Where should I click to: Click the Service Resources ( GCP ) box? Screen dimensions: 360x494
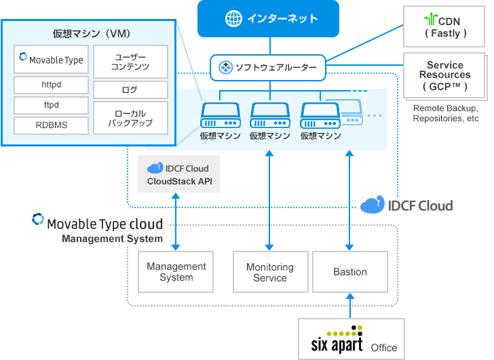[444, 75]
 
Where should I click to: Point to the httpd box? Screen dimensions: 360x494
[52, 85]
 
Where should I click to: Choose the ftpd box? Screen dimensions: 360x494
[52, 105]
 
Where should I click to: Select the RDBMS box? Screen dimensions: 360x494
[52, 125]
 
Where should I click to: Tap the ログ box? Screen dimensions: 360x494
[131, 89]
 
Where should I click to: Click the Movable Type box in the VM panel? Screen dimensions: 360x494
[52, 60]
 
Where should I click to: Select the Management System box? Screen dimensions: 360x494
[176, 272]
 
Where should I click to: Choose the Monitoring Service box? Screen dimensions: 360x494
[270, 272]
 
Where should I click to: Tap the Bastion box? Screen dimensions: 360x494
[350, 272]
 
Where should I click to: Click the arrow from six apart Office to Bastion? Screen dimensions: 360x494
[350, 306]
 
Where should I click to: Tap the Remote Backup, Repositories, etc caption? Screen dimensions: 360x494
[446, 113]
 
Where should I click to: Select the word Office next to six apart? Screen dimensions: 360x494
[384, 348]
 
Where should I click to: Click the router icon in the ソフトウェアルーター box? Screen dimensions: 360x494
[225, 67]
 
